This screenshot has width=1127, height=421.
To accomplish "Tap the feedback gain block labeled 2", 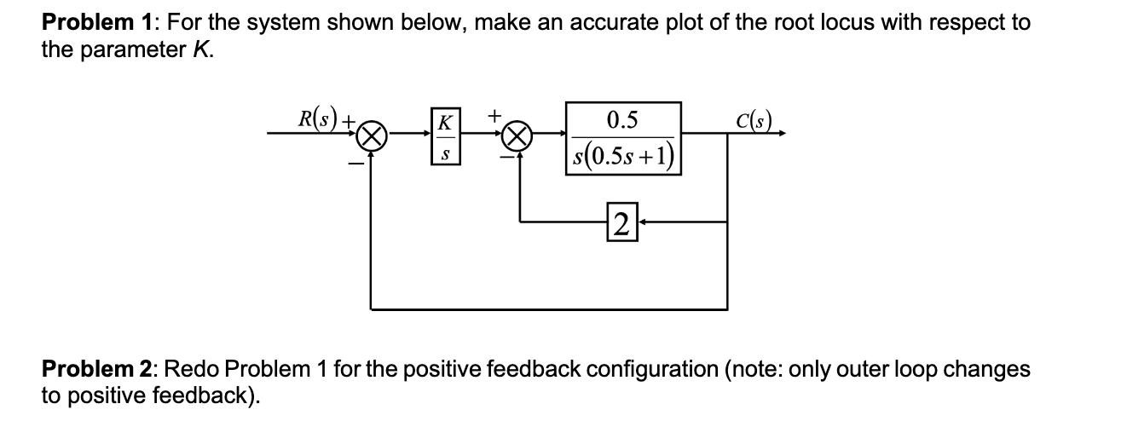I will pyautogui.click(x=621, y=222).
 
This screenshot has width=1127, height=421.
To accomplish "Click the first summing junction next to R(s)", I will pyautogui.click(x=370, y=135).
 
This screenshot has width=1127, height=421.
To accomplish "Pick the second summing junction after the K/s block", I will pyautogui.click(x=521, y=135).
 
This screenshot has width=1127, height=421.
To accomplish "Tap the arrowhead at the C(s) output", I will pyautogui.click(x=780, y=134).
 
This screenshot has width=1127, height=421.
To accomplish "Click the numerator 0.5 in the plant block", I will pyautogui.click(x=622, y=119).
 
